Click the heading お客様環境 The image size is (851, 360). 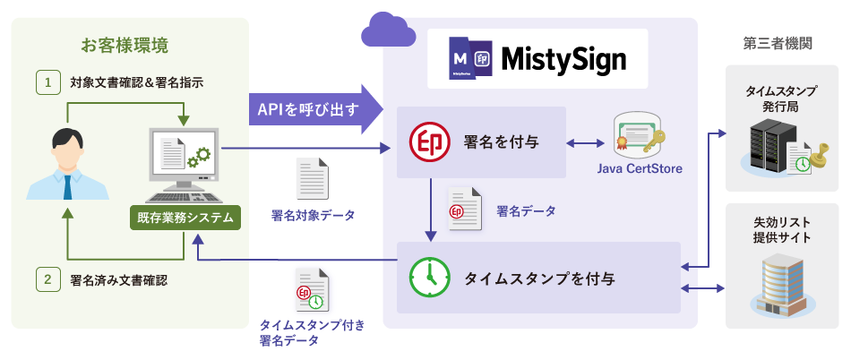124,45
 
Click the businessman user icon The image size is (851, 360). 67,165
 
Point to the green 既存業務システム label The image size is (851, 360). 185,217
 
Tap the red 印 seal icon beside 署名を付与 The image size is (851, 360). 427,141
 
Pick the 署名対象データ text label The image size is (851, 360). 313,215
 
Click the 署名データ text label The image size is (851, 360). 526,211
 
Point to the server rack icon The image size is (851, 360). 772,145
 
